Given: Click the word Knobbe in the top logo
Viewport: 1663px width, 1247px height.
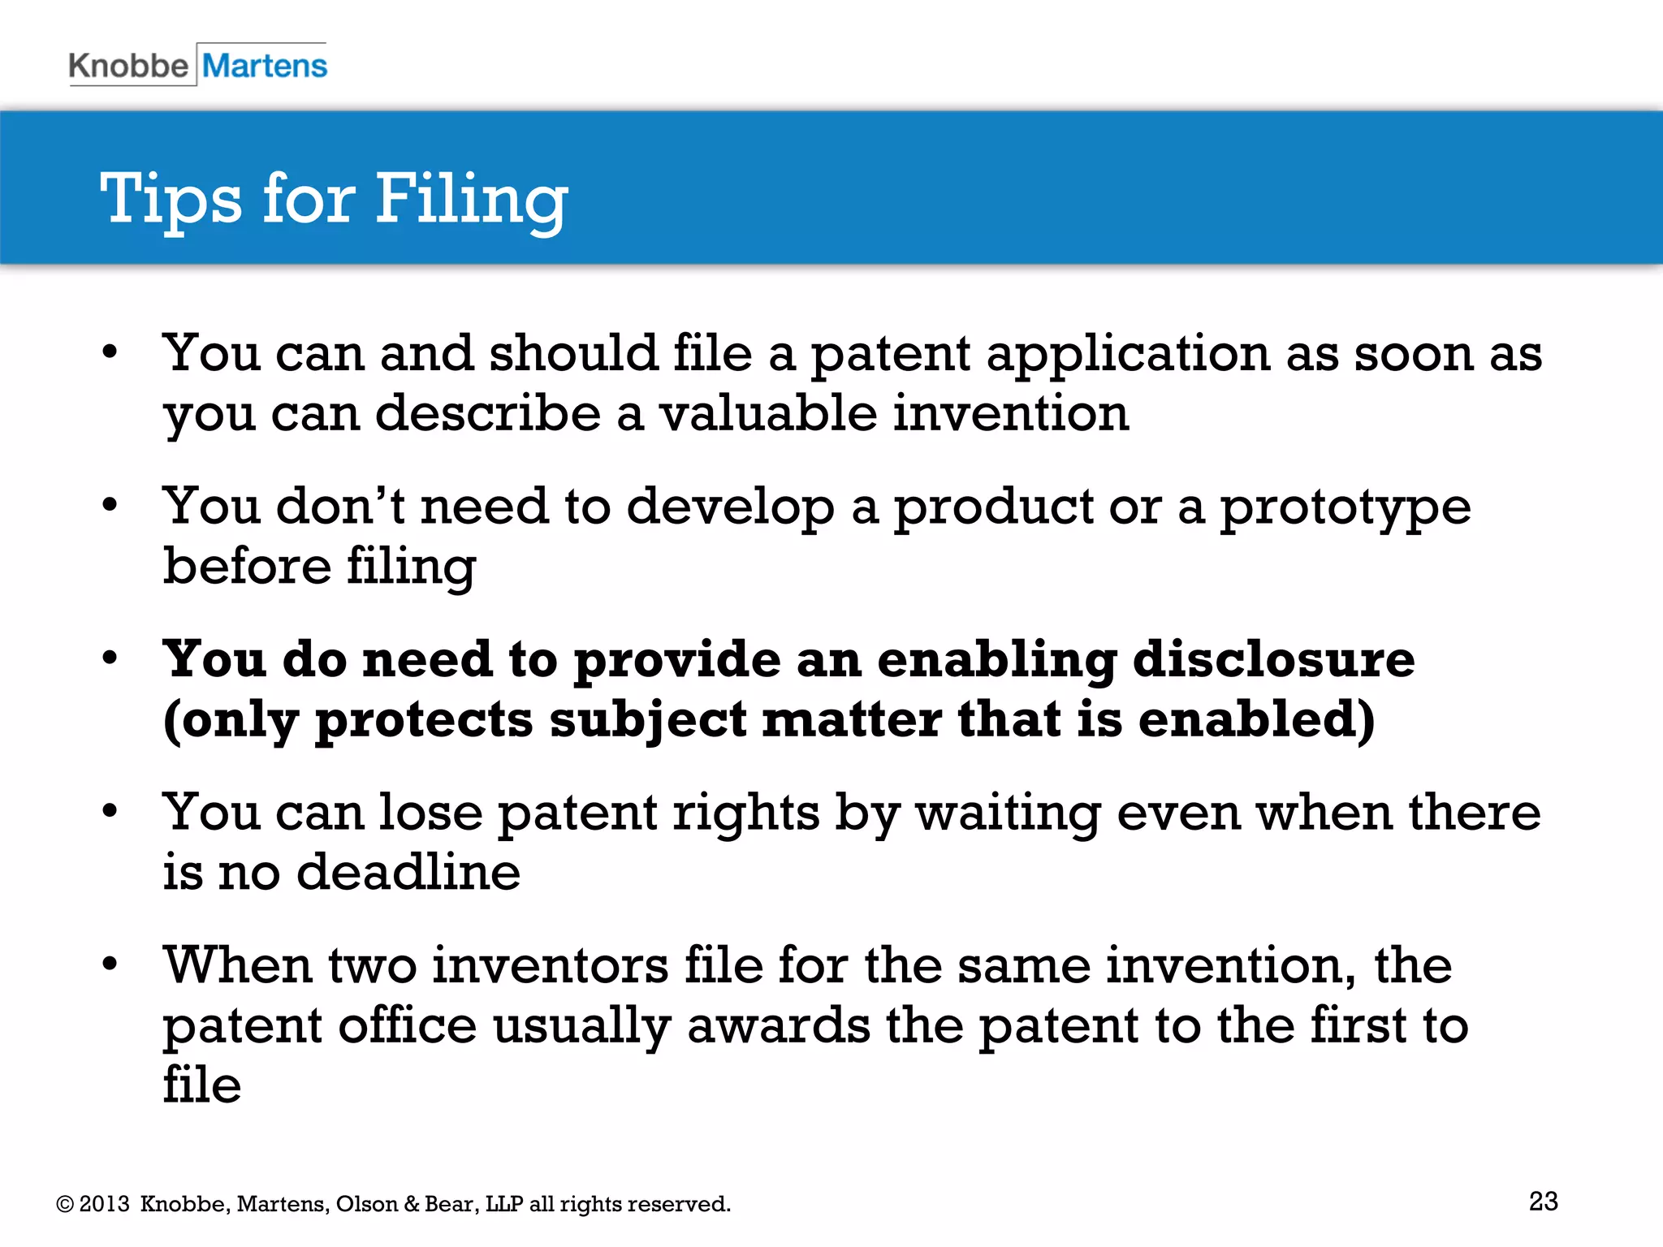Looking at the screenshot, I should click(x=128, y=66).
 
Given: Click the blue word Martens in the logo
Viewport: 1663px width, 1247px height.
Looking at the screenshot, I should click(x=265, y=66).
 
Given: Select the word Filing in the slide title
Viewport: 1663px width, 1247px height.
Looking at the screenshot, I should click(x=471, y=199).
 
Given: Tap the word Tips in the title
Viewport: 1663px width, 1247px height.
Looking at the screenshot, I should click(x=171, y=199).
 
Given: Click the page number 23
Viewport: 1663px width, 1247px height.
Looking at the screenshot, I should click(x=1543, y=1201).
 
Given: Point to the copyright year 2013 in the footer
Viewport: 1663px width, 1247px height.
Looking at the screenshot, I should click(x=105, y=1204).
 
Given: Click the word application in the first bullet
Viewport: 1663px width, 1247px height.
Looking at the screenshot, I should click(x=1128, y=355).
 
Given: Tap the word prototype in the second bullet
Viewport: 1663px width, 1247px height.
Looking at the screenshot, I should click(x=1345, y=508).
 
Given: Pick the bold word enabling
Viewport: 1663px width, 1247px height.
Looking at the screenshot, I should click(x=996, y=660).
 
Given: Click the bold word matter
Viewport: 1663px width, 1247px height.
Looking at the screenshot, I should click(x=851, y=719).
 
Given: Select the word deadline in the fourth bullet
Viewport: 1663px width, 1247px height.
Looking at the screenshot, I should click(x=408, y=872).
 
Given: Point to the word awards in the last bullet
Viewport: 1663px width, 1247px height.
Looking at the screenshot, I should click(x=778, y=1025).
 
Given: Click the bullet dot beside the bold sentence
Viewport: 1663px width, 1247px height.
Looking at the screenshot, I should click(x=110, y=658).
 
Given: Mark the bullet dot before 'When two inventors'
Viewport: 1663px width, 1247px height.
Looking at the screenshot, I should click(x=110, y=964).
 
